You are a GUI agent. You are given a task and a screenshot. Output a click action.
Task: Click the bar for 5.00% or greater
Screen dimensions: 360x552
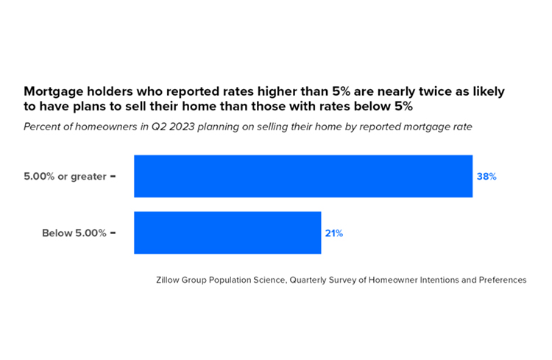click(x=302, y=177)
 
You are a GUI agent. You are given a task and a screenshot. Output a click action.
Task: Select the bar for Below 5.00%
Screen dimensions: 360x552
click(x=227, y=233)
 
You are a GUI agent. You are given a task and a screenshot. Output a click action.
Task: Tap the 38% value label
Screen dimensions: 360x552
click(x=486, y=177)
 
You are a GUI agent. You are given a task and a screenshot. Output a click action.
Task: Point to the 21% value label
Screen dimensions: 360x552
click(x=333, y=233)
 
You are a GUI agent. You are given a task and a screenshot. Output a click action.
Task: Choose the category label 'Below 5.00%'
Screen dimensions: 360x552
click(x=74, y=233)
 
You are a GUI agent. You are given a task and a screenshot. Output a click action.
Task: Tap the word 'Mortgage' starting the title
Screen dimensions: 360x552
click(x=55, y=93)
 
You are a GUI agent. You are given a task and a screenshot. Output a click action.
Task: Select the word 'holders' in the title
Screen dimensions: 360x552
click(x=117, y=93)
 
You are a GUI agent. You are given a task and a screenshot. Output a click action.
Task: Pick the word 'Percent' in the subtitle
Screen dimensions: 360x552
click(x=43, y=127)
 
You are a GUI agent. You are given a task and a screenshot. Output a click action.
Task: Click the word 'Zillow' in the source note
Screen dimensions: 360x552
click(x=170, y=280)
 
